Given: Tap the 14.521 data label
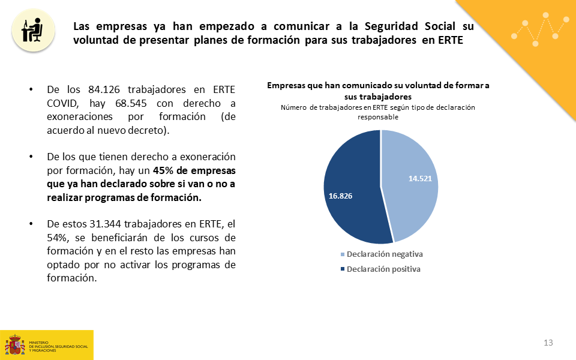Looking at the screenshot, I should point(420,178).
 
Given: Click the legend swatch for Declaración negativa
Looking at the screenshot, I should point(343,254).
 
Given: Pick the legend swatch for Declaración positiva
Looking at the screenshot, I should point(343,269).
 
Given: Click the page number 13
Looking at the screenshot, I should point(548,343).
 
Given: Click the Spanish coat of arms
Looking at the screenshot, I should point(14,344).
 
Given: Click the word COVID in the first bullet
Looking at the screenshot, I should point(62,103).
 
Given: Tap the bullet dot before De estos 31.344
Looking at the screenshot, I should point(31,224).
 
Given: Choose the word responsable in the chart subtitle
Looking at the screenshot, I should point(378,117).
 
